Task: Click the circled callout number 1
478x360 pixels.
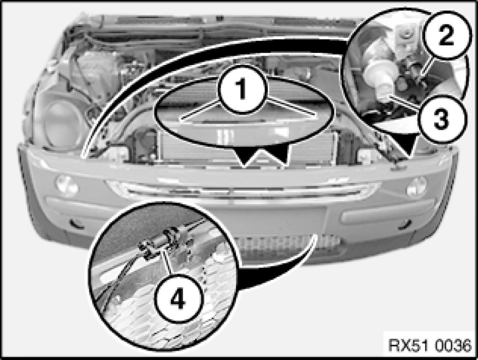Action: pyautogui.click(x=243, y=90)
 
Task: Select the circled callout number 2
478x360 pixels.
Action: pyautogui.click(x=446, y=35)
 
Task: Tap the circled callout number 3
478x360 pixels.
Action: pyautogui.click(x=441, y=119)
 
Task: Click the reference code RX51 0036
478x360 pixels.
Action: pyautogui.click(x=430, y=345)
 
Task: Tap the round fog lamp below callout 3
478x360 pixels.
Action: pyautogui.click(x=416, y=186)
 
